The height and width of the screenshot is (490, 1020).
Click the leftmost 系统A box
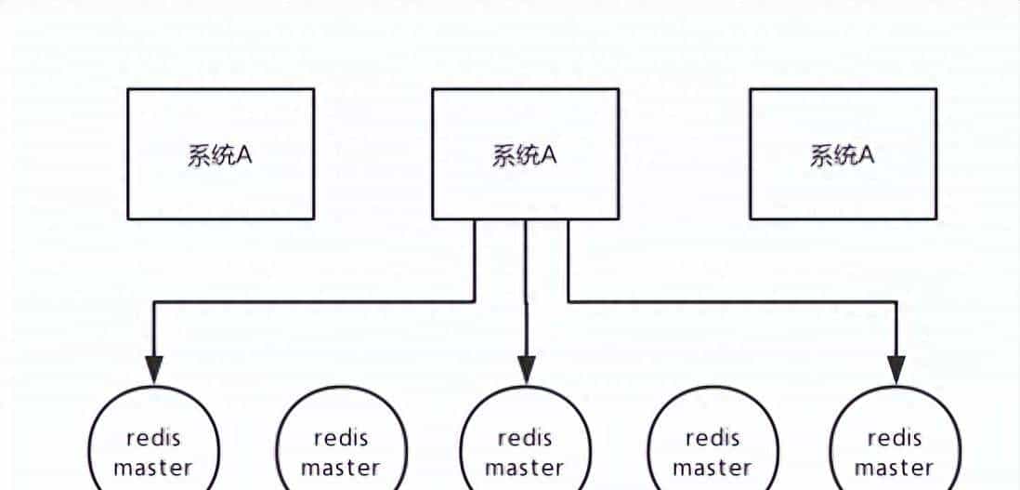point(220,153)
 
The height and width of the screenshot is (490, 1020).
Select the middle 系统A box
point(525,153)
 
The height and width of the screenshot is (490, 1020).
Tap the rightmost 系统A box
point(843,153)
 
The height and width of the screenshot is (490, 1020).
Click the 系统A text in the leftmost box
point(220,155)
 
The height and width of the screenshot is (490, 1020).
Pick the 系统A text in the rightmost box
point(843,155)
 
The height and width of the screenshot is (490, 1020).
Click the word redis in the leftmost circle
point(153,438)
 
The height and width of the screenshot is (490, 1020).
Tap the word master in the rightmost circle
point(895,467)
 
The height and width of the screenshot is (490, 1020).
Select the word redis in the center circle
point(525,438)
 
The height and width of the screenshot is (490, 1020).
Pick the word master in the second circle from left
point(341,467)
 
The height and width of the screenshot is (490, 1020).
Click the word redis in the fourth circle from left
point(713,438)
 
